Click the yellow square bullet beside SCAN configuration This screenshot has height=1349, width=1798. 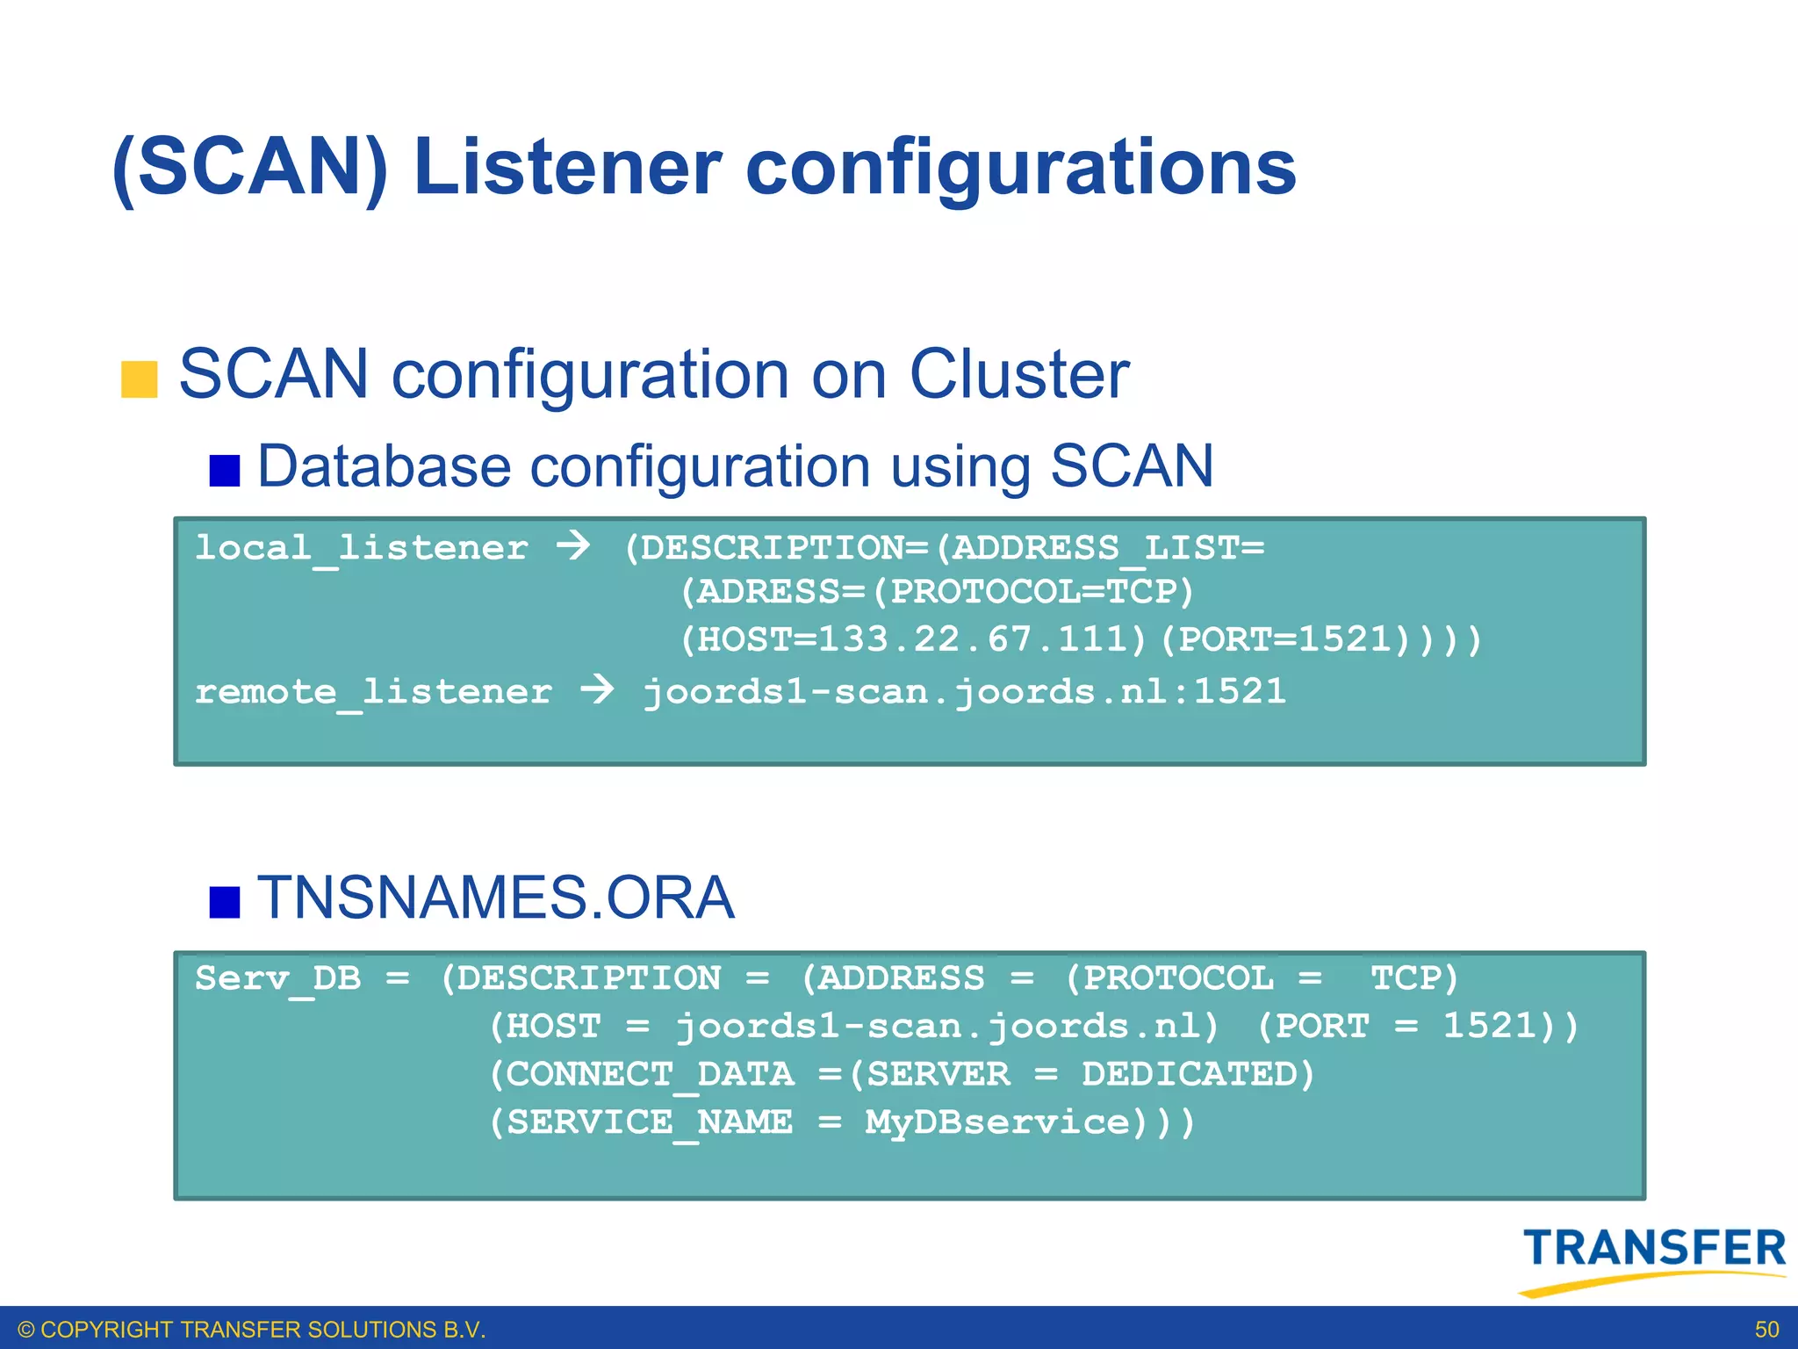(139, 379)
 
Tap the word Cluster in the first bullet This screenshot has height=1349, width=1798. (1018, 375)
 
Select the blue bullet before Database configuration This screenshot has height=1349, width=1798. (225, 470)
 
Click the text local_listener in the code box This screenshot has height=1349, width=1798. (361, 549)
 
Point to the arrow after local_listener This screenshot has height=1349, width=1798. (573, 545)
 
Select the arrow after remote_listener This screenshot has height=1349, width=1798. (597, 689)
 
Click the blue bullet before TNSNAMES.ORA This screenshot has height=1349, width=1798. (225, 902)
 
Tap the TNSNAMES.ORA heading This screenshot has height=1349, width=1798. (495, 898)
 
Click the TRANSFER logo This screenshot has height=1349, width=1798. (1653, 1258)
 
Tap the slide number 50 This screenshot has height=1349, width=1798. (1766, 1330)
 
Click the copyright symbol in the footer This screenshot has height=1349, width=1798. (26, 1330)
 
